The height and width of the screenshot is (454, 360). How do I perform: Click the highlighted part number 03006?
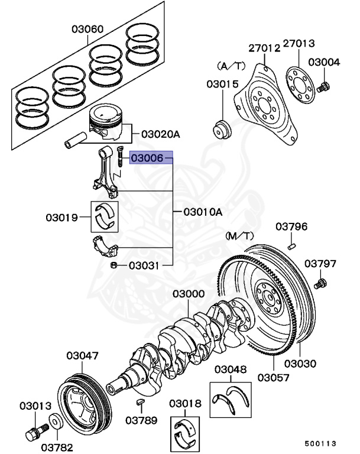(x=147, y=158)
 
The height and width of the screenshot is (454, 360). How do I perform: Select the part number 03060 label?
(x=87, y=28)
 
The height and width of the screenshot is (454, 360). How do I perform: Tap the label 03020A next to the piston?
(x=160, y=134)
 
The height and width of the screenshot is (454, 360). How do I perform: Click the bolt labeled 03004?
(x=323, y=87)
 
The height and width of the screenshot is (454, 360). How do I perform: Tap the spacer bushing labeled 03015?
(x=223, y=129)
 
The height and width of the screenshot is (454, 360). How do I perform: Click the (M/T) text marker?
(x=239, y=235)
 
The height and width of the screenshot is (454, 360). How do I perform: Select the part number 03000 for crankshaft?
(x=189, y=294)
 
